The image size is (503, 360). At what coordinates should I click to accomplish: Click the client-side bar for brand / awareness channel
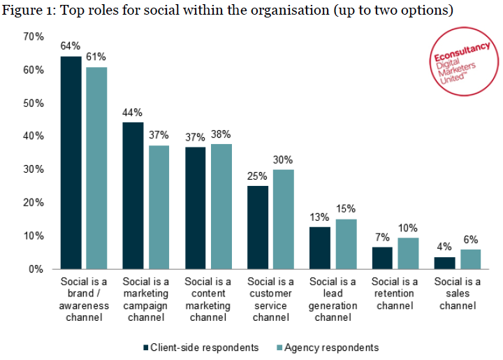coord(71,162)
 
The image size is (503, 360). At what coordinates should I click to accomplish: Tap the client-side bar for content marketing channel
coord(196,208)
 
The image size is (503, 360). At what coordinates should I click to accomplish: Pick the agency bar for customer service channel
coord(284,219)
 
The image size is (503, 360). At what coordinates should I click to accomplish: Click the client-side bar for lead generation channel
coord(321,247)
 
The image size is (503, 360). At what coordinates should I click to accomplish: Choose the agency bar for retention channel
coord(408,253)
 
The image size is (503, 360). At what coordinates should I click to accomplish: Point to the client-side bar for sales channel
coord(445,263)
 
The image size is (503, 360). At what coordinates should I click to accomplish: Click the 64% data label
coord(71,46)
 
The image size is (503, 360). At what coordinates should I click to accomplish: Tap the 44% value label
coord(133,113)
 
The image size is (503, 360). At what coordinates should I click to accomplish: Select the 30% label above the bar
coord(284,159)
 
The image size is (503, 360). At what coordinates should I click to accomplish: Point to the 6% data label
coord(470,239)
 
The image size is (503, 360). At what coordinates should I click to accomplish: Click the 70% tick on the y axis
coord(34,37)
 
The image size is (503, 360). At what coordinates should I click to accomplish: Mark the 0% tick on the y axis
coord(37,269)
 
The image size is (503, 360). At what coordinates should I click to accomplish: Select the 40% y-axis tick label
coord(34,136)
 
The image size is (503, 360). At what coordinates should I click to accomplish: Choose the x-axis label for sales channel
coord(457,294)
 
